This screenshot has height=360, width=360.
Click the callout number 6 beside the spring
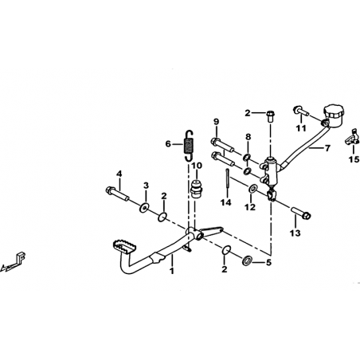(168, 144)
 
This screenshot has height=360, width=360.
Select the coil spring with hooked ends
(189, 146)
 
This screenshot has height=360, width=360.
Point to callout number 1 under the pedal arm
(172, 271)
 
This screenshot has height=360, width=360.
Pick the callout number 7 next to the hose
(327, 147)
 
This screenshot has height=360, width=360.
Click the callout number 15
(354, 159)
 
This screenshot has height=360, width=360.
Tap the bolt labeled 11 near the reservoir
(301, 111)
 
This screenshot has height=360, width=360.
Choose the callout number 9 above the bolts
(216, 122)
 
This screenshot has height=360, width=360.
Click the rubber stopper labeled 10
(197, 188)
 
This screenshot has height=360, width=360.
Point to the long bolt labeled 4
(118, 194)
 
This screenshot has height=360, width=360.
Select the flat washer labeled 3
(144, 207)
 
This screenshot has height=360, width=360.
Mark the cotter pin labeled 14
(227, 178)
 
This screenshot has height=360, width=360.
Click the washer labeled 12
(252, 189)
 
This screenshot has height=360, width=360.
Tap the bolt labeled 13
(302, 213)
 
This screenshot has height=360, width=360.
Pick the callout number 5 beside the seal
(268, 263)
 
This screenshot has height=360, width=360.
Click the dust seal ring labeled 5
(247, 260)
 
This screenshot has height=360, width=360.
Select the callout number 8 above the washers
(248, 137)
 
